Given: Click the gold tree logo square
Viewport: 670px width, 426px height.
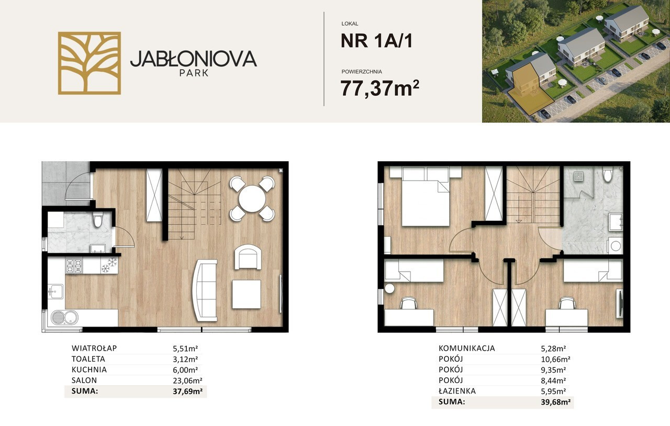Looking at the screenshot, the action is pyautogui.click(x=90, y=63).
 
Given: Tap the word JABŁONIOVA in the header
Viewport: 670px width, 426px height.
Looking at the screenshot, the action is pyautogui.click(x=194, y=59).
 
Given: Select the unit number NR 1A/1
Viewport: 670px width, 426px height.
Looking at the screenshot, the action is pyautogui.click(x=376, y=40).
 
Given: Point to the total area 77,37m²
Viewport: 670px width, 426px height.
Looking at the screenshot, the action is pyautogui.click(x=380, y=88).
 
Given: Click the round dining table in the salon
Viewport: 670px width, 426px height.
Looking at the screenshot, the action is pyautogui.click(x=252, y=199).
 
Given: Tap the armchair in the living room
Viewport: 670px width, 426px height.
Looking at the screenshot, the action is pyautogui.click(x=248, y=257).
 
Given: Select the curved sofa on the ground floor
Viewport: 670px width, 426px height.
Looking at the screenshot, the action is pyautogui.click(x=205, y=290).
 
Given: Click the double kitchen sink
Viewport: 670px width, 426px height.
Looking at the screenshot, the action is pyautogui.click(x=64, y=317).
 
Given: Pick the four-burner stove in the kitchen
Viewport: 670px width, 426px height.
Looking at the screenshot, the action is pyautogui.click(x=74, y=266).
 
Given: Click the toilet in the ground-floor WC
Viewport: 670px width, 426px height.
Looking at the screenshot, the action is pyautogui.click(x=97, y=220).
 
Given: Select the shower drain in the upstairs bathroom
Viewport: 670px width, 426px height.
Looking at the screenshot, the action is pyautogui.click(x=578, y=176).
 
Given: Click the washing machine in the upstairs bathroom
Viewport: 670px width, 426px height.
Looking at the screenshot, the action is pyautogui.click(x=615, y=246).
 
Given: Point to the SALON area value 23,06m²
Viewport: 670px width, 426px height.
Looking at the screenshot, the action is pyautogui.click(x=187, y=380).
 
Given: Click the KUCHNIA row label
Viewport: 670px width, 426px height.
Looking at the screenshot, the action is pyautogui.click(x=89, y=370).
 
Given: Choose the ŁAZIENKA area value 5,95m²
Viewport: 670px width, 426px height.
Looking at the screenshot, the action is pyautogui.click(x=553, y=391).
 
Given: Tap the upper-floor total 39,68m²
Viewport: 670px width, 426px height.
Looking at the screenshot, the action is pyautogui.click(x=555, y=402).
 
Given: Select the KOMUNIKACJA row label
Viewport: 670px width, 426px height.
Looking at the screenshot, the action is pyautogui.click(x=466, y=348).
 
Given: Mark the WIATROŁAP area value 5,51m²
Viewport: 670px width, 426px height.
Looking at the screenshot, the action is pyautogui.click(x=185, y=349).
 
